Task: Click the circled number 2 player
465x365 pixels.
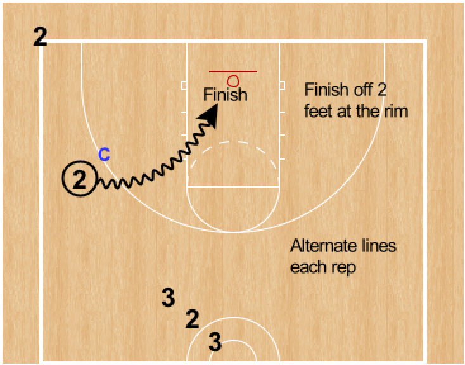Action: click(x=79, y=179)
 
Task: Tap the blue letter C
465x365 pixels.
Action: click(x=105, y=153)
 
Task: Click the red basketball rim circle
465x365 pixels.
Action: click(x=233, y=80)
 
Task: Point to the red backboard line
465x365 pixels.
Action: click(x=219, y=72)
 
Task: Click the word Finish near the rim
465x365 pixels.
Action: click(x=226, y=95)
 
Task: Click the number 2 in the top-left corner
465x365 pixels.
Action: click(x=40, y=37)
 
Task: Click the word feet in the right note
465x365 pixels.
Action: click(x=317, y=111)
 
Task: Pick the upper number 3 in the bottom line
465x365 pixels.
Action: click(x=168, y=298)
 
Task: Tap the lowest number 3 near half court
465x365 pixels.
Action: click(x=215, y=343)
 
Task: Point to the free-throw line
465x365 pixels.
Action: click(x=234, y=187)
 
